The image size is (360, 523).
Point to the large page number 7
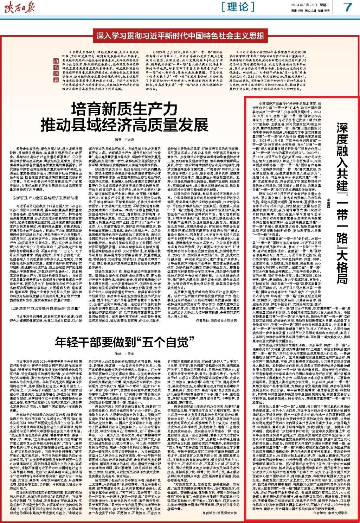[x=348, y=7]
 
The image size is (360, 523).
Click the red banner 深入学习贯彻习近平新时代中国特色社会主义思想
[x=180, y=36]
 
